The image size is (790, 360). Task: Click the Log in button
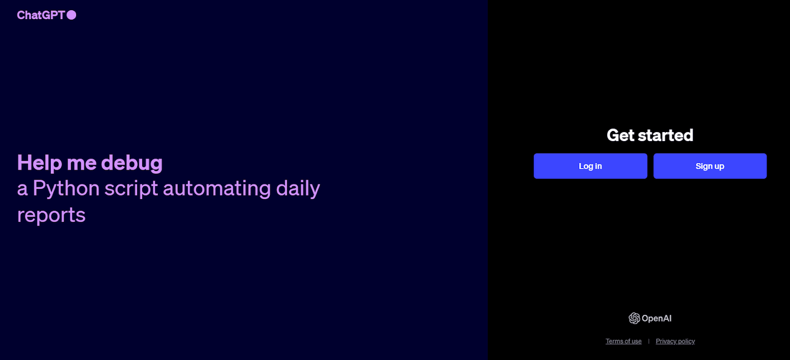point(590,166)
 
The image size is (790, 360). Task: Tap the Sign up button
point(710,166)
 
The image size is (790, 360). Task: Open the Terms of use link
point(624,341)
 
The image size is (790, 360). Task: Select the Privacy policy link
point(675,341)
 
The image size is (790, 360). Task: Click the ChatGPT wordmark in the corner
point(41,15)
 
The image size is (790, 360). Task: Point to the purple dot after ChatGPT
point(72,15)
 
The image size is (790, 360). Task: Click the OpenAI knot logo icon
point(634,318)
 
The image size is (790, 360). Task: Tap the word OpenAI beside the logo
point(657,318)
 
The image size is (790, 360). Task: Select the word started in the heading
point(668,135)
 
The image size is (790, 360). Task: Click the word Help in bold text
point(39,163)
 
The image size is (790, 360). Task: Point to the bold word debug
point(132,164)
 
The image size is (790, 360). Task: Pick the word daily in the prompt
point(298,188)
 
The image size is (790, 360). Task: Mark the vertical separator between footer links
point(648,341)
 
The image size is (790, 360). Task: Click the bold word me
point(82,164)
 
